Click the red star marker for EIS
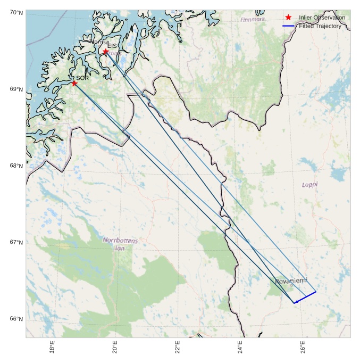(105, 52)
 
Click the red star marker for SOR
(74, 83)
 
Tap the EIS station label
(112, 46)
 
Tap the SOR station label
(82, 78)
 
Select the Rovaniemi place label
(291, 280)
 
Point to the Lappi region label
(309, 185)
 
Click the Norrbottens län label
(121, 244)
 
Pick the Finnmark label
(252, 20)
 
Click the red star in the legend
(288, 18)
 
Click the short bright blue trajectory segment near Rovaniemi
(305, 297)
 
